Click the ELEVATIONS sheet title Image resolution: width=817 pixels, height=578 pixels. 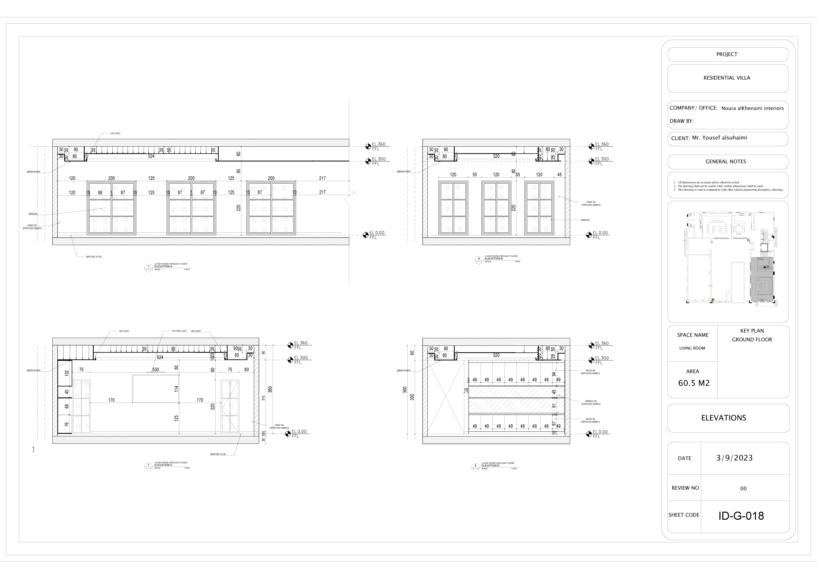tap(723, 418)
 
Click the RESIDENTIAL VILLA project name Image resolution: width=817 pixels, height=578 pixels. tap(727, 78)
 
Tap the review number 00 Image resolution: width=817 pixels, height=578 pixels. tap(743, 489)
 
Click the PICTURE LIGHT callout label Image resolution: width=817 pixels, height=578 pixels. tap(179, 331)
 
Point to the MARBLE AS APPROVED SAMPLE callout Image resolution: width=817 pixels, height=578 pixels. tap(591, 402)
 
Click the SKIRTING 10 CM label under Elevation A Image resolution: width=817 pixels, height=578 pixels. tap(94, 257)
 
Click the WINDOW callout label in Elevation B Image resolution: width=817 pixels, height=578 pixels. tap(585, 220)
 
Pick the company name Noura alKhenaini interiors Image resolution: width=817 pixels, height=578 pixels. tap(752, 108)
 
